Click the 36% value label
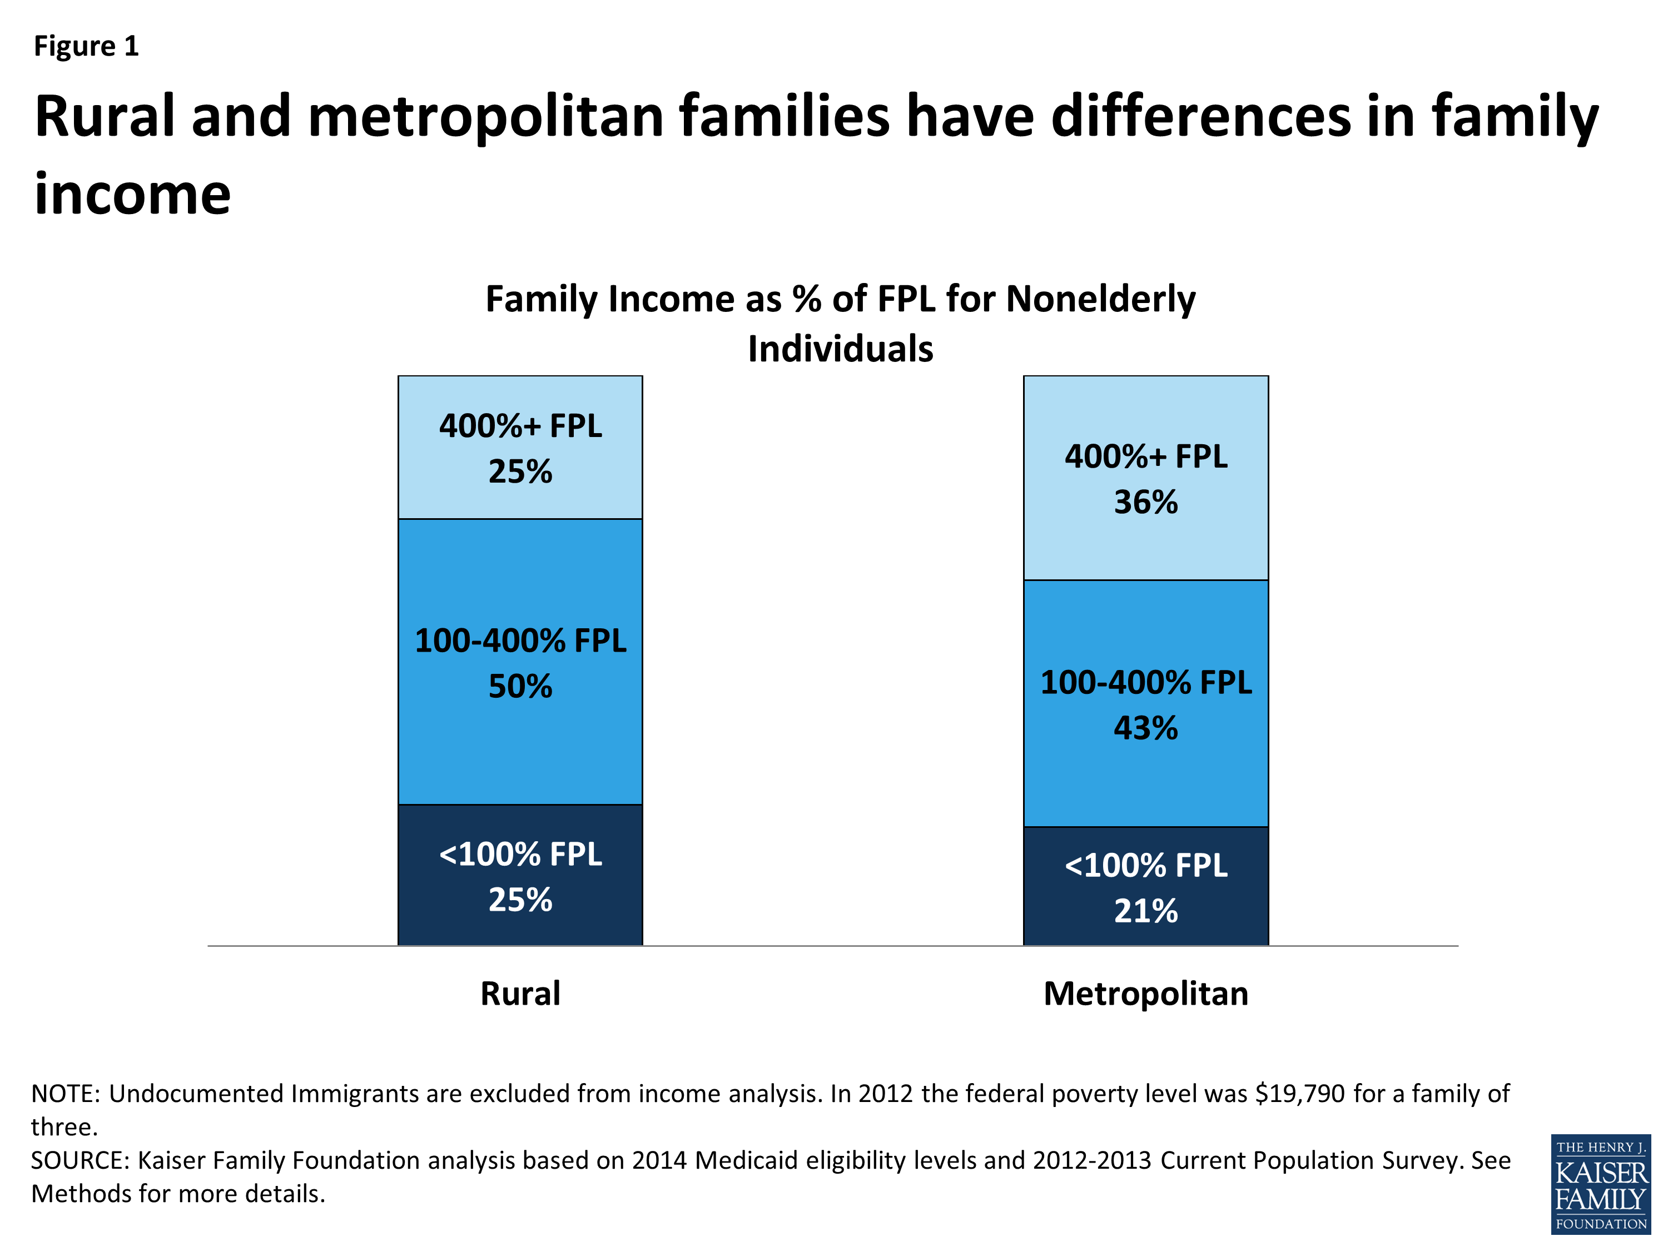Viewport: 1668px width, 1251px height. click(x=1145, y=502)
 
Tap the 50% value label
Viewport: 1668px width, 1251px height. click(x=520, y=686)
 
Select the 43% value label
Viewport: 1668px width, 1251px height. click(x=1145, y=728)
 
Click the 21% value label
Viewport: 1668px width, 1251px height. click(x=1145, y=911)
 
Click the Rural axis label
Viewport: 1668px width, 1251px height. click(x=520, y=993)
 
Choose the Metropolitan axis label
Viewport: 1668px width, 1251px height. click(x=1145, y=993)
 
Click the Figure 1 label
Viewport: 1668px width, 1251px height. click(x=86, y=47)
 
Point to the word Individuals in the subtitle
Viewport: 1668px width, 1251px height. click(x=840, y=349)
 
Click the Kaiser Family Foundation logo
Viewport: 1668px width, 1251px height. click(x=1600, y=1183)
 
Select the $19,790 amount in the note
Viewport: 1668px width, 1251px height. click(x=1299, y=1094)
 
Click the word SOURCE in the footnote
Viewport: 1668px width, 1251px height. click(x=78, y=1160)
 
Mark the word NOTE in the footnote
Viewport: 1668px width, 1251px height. click(x=64, y=1094)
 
